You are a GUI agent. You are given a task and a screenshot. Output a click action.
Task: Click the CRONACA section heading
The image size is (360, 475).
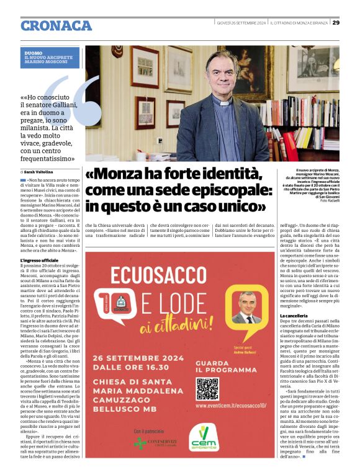tap(56, 25)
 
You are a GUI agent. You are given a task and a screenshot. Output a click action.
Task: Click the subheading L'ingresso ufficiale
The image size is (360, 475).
tap(39, 260)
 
